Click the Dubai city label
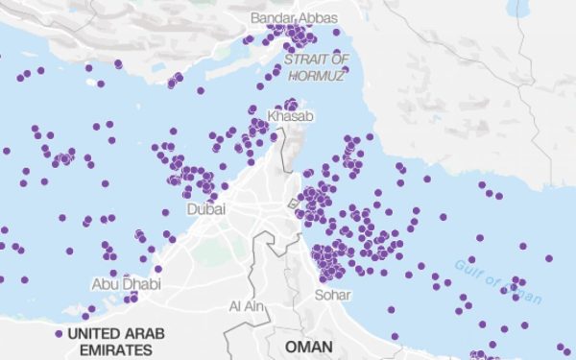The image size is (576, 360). click(x=205, y=208)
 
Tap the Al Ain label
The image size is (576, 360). click(x=247, y=306)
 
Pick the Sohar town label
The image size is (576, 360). click(x=332, y=295)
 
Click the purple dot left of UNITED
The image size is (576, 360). click(x=60, y=334)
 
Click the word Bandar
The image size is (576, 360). click(x=270, y=18)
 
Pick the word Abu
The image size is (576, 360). click(x=105, y=284)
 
